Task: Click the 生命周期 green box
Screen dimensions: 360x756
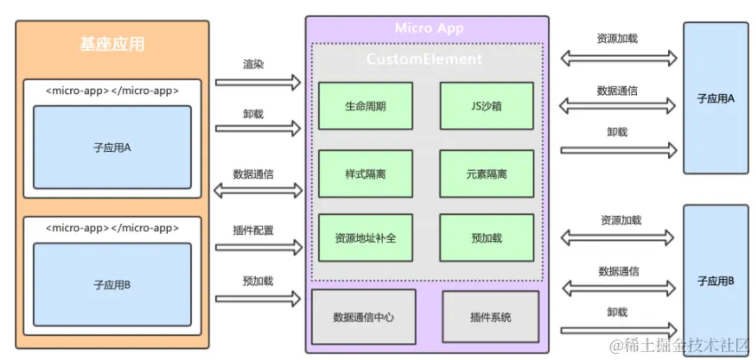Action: [365, 106]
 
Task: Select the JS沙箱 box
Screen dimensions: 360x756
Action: [486, 106]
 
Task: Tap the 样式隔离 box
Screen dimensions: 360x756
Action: [365, 173]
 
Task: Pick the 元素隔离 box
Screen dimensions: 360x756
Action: [486, 173]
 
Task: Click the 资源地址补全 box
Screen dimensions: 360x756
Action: [365, 238]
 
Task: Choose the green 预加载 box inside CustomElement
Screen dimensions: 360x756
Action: [486, 238]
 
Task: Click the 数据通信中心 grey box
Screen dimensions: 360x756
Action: [363, 316]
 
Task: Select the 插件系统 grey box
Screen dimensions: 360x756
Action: [490, 316]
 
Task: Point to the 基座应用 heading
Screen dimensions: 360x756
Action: [112, 44]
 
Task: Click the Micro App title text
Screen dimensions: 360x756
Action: [430, 28]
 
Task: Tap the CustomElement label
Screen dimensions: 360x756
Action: [425, 60]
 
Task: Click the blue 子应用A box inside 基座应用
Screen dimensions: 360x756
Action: [112, 148]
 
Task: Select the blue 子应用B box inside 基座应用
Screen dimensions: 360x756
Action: [112, 284]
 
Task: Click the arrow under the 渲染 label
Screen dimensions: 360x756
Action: [258, 83]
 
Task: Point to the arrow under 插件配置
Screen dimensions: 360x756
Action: [258, 247]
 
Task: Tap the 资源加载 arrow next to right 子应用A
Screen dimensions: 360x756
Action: [618, 59]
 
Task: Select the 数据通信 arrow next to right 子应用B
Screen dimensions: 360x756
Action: [618, 287]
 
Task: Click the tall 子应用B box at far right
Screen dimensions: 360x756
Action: [716, 281]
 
